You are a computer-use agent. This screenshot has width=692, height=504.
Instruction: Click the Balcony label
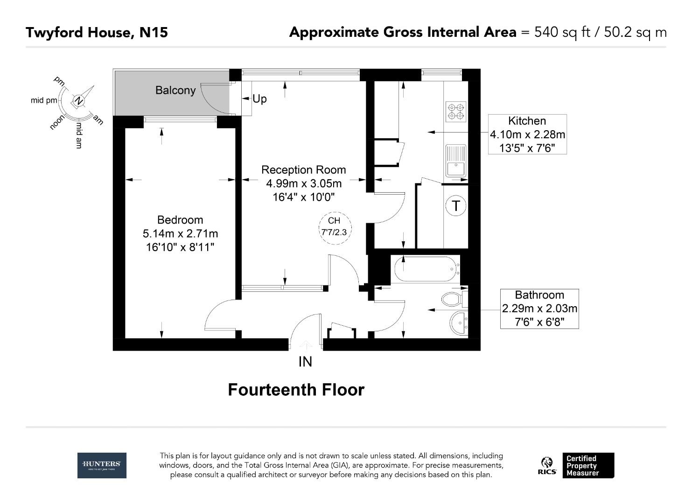tap(175, 90)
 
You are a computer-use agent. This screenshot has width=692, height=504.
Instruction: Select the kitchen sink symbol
tap(456, 161)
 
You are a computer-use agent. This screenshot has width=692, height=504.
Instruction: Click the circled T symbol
tap(456, 206)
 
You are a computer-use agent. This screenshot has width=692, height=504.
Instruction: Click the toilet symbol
tap(452, 299)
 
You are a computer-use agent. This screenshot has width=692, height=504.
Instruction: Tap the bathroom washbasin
tap(459, 322)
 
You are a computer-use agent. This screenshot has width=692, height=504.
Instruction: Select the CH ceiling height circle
tap(334, 226)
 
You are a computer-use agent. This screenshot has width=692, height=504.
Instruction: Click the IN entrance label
tap(305, 362)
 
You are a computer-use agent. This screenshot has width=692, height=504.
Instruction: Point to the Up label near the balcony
tap(259, 98)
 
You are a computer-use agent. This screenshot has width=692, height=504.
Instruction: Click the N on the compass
tap(79, 101)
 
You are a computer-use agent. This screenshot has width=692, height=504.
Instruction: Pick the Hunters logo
tap(102, 465)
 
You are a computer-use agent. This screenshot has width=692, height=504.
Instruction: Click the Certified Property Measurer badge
tap(587, 465)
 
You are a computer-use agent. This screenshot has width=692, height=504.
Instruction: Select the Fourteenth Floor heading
tap(296, 390)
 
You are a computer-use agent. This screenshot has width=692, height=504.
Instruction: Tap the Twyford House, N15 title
tap(97, 32)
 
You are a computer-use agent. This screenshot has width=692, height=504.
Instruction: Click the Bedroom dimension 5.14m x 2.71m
tap(180, 233)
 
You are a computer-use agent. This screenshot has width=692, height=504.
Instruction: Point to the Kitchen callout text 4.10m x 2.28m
tap(527, 134)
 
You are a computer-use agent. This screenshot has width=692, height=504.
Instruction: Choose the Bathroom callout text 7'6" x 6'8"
tap(539, 322)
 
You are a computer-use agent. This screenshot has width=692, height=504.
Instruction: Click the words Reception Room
tap(303, 170)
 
